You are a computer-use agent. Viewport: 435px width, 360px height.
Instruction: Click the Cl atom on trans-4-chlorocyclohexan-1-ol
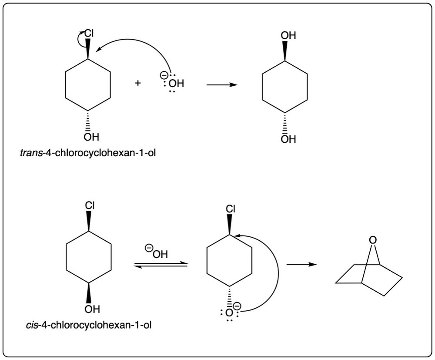89,34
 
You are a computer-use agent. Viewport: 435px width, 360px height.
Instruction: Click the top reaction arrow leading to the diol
222,84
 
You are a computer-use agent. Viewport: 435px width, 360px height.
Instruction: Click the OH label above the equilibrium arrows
159,253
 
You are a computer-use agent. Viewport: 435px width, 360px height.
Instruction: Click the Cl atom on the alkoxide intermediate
231,209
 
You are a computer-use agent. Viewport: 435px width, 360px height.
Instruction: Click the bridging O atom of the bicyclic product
371,240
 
